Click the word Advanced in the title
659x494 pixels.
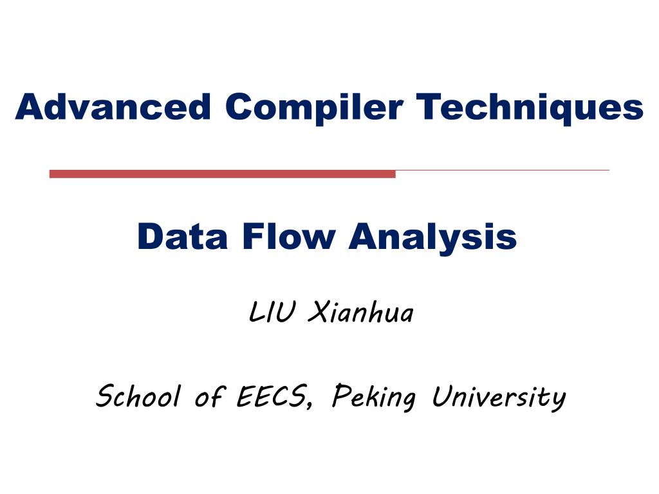(x=113, y=107)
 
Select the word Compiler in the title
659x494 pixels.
(x=314, y=109)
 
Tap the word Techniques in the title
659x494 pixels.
(x=530, y=109)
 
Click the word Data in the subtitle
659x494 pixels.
(x=182, y=237)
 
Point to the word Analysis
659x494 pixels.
(x=432, y=238)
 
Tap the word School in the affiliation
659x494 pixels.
(x=138, y=396)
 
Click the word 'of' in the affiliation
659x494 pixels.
(x=209, y=396)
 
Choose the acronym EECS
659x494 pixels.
(x=271, y=396)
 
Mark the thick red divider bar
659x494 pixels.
(x=222, y=174)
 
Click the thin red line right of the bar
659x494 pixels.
(x=503, y=170)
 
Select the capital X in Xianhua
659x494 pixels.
(x=318, y=312)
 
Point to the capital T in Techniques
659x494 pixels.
(x=429, y=107)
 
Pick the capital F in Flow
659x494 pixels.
(x=252, y=237)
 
